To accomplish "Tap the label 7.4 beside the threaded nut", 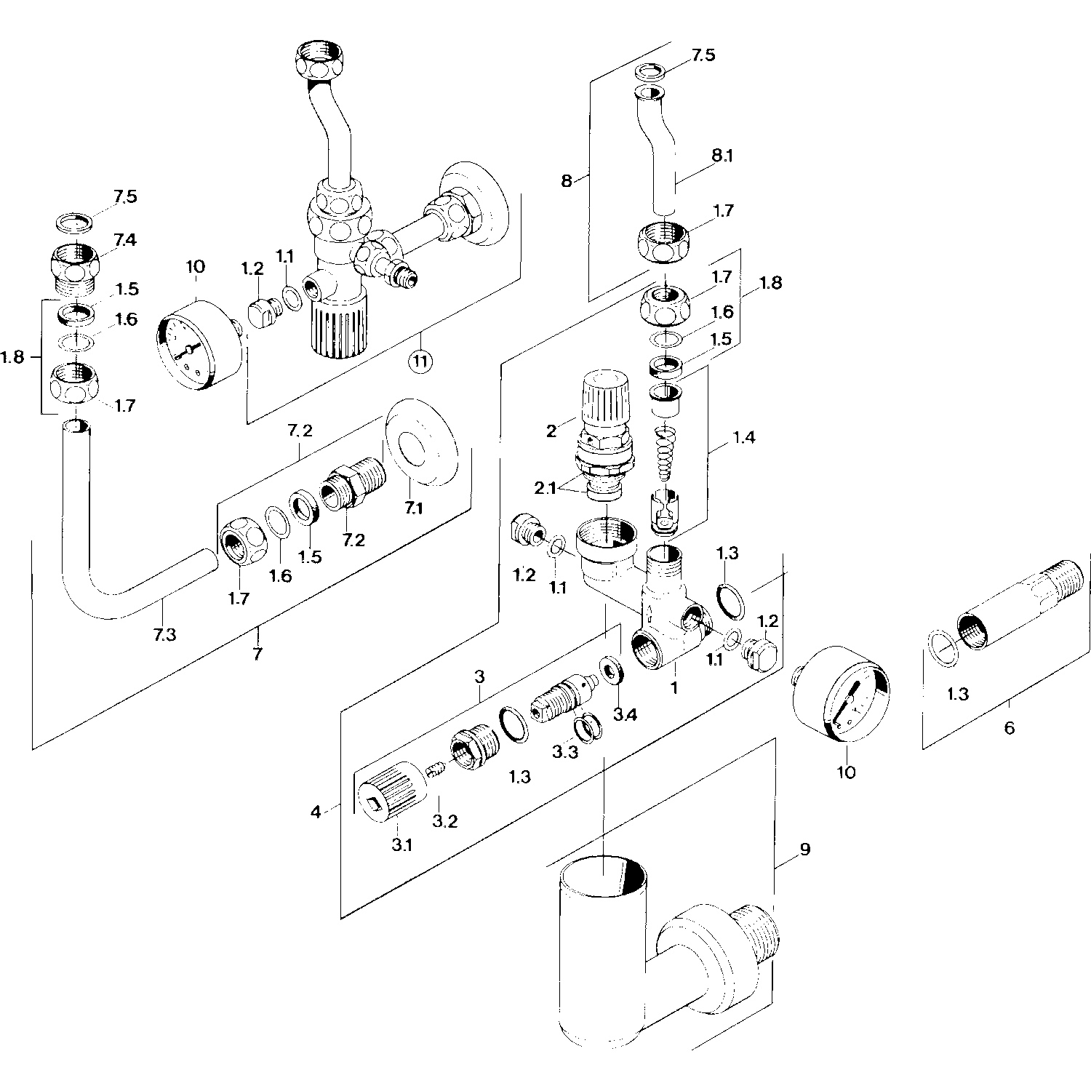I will pyautogui.click(x=124, y=239).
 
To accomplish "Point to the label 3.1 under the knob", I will pyautogui.click(x=401, y=845).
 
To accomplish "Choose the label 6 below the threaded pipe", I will pyautogui.click(x=1009, y=727).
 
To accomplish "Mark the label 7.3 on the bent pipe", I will pyautogui.click(x=164, y=634).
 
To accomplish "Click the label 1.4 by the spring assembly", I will pyautogui.click(x=743, y=438).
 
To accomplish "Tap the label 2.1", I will pyautogui.click(x=545, y=488).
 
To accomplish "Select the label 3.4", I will pyautogui.click(x=625, y=715).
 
